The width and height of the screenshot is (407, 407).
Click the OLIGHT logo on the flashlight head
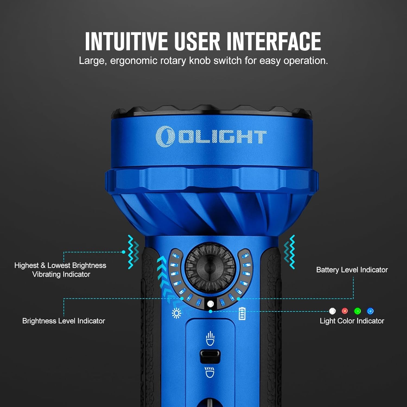tap(211, 136)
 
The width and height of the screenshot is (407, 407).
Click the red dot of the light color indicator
tap(345, 311)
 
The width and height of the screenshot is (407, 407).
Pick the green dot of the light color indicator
tap(357, 311)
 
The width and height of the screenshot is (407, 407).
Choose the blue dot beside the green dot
tap(370, 311)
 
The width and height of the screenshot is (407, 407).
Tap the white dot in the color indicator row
tap(332, 311)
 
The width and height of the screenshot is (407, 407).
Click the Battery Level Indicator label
tap(352, 270)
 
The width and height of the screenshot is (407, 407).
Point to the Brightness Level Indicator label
tap(63, 321)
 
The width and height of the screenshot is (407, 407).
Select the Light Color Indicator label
tap(352, 321)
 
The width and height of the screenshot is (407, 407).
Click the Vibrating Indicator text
tap(61, 274)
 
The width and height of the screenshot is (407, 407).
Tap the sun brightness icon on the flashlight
tap(177, 313)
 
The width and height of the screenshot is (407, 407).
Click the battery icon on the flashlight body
tap(242, 313)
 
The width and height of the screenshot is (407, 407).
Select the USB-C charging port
tap(210, 356)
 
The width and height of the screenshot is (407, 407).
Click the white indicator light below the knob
tap(210, 304)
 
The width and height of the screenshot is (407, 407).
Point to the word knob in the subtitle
tap(199, 61)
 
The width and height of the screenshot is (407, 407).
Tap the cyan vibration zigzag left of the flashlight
tap(133, 252)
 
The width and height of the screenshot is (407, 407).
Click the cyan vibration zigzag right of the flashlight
tap(289, 252)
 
